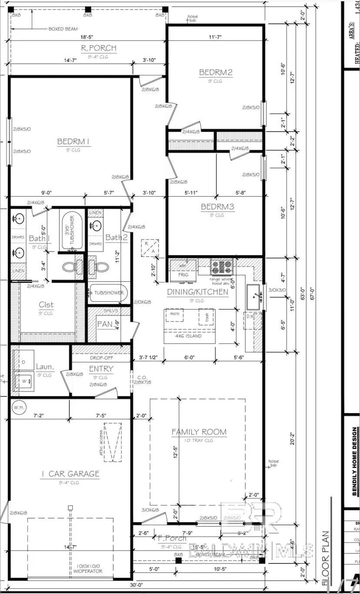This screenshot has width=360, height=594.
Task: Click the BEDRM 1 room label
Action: [73, 141]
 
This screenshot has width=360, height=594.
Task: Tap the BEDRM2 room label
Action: [216, 72]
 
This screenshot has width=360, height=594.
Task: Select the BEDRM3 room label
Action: [217, 207]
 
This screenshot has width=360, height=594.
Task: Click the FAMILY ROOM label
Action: [199, 432]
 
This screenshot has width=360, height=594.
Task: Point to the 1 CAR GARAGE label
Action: [70, 474]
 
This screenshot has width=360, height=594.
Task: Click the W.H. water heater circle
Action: [18, 407]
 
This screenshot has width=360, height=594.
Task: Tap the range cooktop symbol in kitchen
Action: [222, 265]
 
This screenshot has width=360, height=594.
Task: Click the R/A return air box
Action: [149, 248]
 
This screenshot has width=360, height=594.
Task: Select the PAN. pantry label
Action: [105, 324]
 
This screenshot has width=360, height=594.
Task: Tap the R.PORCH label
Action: [99, 48]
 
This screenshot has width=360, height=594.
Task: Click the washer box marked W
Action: [24, 381]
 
